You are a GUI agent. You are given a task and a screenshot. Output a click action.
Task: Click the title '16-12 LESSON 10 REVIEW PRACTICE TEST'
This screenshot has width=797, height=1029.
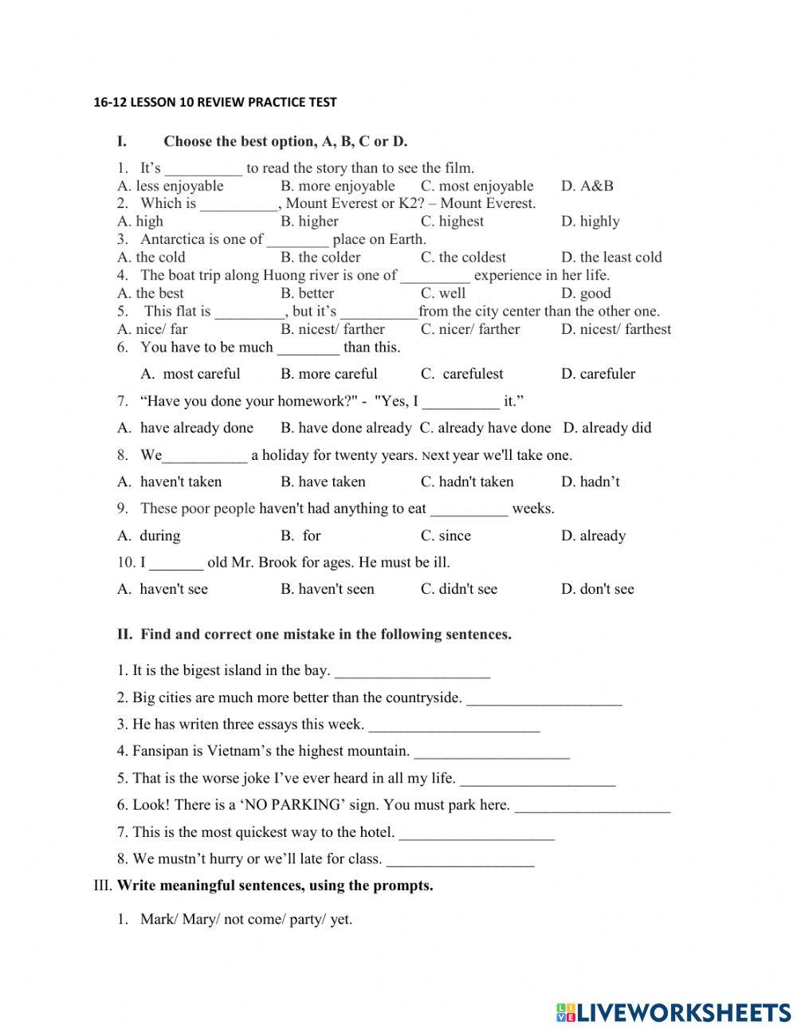[x=215, y=102]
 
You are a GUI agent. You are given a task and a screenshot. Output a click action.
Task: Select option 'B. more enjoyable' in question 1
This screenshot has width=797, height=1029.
[x=337, y=186]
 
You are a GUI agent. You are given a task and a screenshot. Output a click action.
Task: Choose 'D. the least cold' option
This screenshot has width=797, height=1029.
[x=611, y=257]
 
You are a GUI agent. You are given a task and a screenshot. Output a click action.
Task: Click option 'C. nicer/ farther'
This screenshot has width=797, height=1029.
[x=470, y=328]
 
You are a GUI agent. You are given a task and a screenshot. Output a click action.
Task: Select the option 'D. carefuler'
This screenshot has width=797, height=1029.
[x=598, y=373]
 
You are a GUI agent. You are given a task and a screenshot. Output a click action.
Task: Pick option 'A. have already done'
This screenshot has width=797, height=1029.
[x=185, y=427]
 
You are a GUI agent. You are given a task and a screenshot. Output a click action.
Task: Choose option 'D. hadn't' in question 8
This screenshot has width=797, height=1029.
[x=590, y=481]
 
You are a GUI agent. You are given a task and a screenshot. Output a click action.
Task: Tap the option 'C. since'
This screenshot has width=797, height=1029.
[x=446, y=536]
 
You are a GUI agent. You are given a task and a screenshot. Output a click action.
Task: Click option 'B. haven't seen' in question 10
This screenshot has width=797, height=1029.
[x=327, y=589]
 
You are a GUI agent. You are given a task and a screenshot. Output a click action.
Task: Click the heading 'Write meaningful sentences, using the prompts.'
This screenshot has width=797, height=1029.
[x=275, y=886]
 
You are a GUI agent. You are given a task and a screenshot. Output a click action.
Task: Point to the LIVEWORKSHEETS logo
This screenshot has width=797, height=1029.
[x=673, y=1011]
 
